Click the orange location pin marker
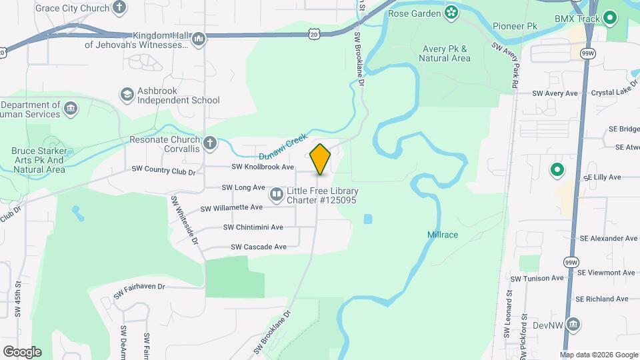pyautogui.click(x=320, y=159)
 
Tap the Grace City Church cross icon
pyautogui.click(x=119, y=9)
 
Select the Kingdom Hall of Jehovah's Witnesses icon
pyautogui.click(x=198, y=39)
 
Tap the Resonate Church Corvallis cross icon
pyautogui.click(x=210, y=143)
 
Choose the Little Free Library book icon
pyautogui.click(x=276, y=195)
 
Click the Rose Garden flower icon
pyautogui.click(x=451, y=13)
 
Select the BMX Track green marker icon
pyautogui.click(x=609, y=19)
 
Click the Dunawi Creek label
pyautogui.click(x=283, y=145)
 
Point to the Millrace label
pyautogui.click(x=443, y=235)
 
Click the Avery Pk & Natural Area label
pyautogui.click(x=445, y=53)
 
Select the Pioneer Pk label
pyautogui.click(x=515, y=26)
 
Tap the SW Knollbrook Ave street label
pyautogui.click(x=263, y=167)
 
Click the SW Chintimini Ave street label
pyautogui.click(x=253, y=227)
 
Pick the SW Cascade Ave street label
pyautogui.click(x=259, y=247)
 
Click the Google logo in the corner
pyautogui.click(x=22, y=351)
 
